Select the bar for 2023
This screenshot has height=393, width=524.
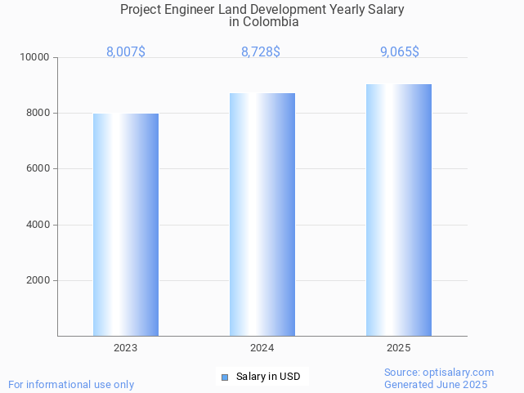coord(126,225)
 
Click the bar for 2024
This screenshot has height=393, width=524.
coord(262,214)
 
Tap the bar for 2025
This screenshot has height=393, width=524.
coord(399,210)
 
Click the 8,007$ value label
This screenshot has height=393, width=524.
coord(126,52)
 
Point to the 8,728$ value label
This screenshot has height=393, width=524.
coord(261,52)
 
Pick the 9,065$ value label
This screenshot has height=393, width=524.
coord(400,52)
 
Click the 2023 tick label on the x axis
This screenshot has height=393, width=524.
coord(126,348)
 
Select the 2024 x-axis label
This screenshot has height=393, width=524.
coord(262,348)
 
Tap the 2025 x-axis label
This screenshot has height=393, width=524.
coord(399,348)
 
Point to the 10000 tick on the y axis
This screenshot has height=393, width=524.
coord(36,58)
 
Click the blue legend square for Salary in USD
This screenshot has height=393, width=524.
coord(225,377)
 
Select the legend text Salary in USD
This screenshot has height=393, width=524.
coord(268,377)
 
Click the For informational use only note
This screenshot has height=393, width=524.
coord(71,384)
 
